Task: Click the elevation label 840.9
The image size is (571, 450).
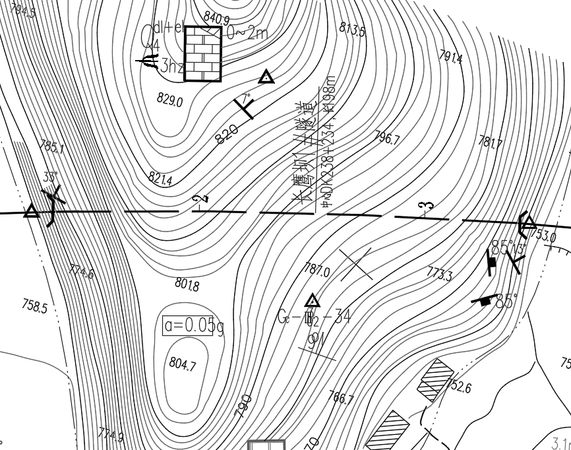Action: tap(216, 17)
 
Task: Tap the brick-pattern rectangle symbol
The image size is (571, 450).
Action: tap(203, 53)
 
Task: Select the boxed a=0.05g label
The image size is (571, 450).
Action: tap(189, 326)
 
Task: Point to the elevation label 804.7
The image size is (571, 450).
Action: tap(183, 364)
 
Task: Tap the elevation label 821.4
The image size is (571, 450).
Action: tap(160, 178)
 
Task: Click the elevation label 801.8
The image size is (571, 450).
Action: tap(187, 284)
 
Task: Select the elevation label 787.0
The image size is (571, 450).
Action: tap(317, 269)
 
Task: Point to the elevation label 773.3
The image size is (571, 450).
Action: tap(440, 274)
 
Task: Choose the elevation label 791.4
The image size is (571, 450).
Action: tap(450, 57)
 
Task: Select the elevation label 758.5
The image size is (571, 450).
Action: tap(34, 306)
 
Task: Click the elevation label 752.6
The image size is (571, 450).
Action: tap(460, 386)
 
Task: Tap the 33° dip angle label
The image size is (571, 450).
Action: tap(50, 177)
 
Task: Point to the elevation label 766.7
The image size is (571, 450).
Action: tap(341, 398)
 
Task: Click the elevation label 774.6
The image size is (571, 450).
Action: tap(82, 271)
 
